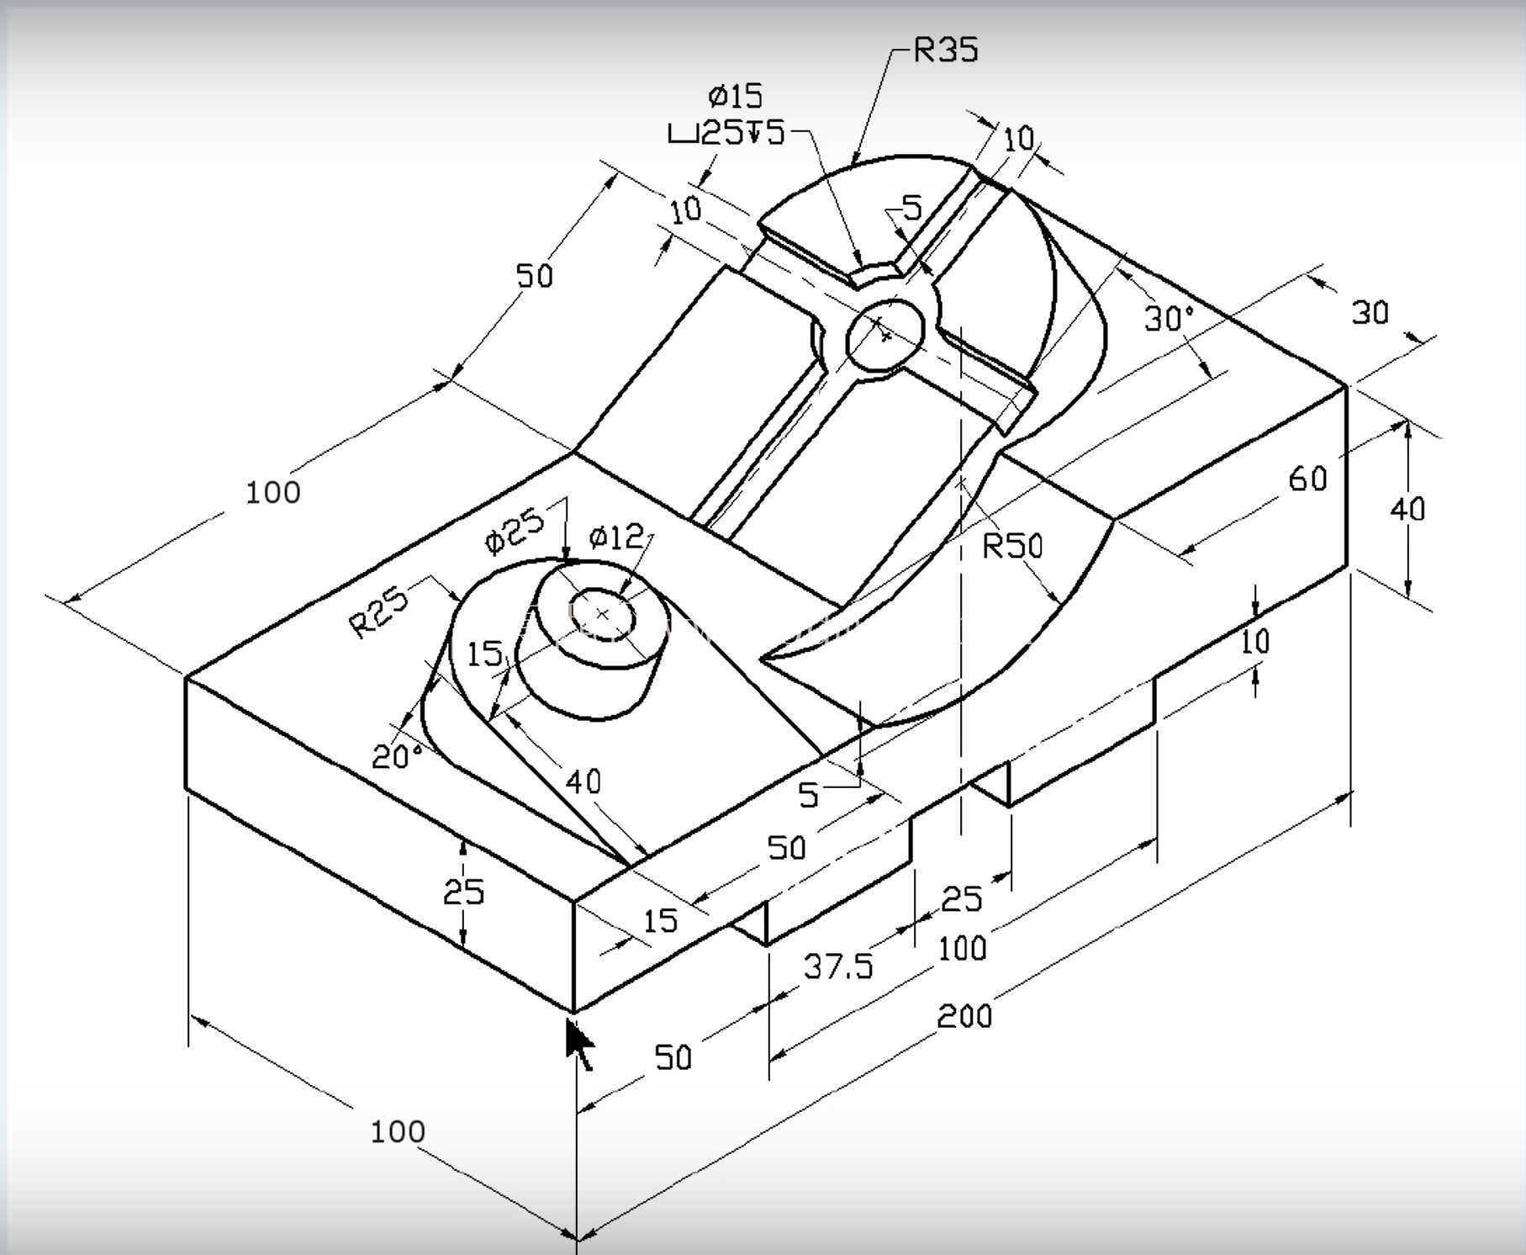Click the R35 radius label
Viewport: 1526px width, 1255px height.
946,50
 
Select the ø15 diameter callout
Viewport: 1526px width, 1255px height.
735,96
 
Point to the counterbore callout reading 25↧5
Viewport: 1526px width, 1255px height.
726,132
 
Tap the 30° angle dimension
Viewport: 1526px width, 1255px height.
1169,319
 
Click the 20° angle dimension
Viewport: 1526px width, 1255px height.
397,756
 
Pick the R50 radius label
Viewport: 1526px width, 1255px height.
1012,547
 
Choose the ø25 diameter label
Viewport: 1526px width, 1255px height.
515,530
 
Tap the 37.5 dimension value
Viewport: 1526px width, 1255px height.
838,966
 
